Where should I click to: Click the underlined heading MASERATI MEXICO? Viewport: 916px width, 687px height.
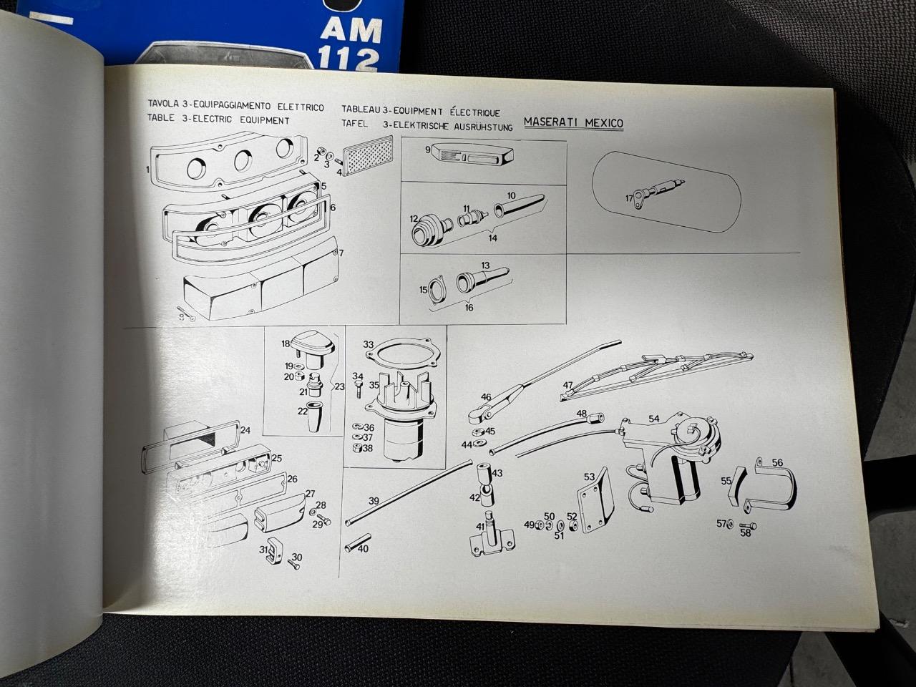point(573,122)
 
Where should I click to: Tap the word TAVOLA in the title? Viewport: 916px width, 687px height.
point(163,104)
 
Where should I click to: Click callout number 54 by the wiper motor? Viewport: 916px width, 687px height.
point(654,419)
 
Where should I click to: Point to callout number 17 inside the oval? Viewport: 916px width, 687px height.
point(629,198)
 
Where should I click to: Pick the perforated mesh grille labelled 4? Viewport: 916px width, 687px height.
point(368,155)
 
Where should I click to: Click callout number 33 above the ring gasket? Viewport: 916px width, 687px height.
point(368,344)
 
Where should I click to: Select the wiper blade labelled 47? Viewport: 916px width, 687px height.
point(656,376)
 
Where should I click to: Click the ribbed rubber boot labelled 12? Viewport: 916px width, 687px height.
point(431,230)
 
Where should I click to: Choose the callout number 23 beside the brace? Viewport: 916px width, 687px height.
point(340,386)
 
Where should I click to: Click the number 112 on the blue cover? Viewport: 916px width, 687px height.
point(348,60)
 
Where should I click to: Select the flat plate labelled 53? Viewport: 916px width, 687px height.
point(595,500)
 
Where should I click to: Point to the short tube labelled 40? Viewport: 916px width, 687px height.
point(358,542)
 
